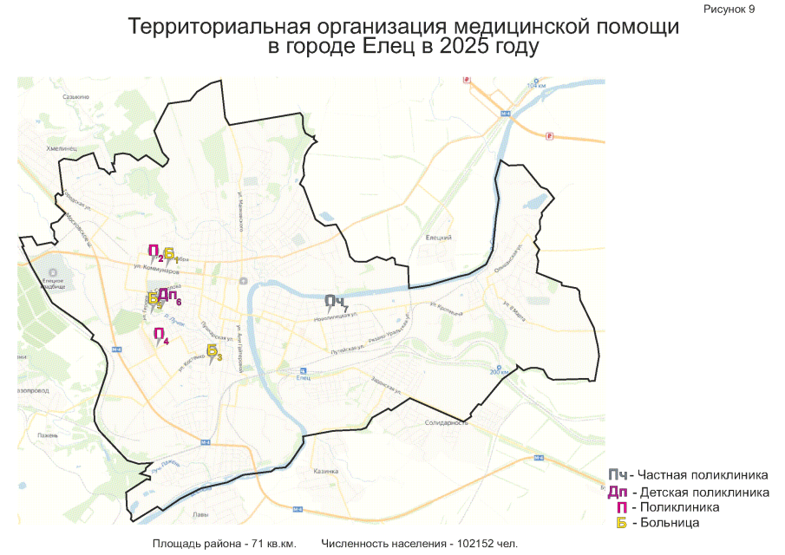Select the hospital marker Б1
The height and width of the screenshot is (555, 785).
(x=170, y=254)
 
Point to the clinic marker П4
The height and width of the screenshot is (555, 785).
(x=160, y=335)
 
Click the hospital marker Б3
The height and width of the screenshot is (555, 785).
(x=213, y=351)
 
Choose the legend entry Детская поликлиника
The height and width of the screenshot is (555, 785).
(x=703, y=493)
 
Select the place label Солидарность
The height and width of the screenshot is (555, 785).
(x=447, y=422)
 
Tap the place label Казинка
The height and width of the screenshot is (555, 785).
(x=325, y=471)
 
